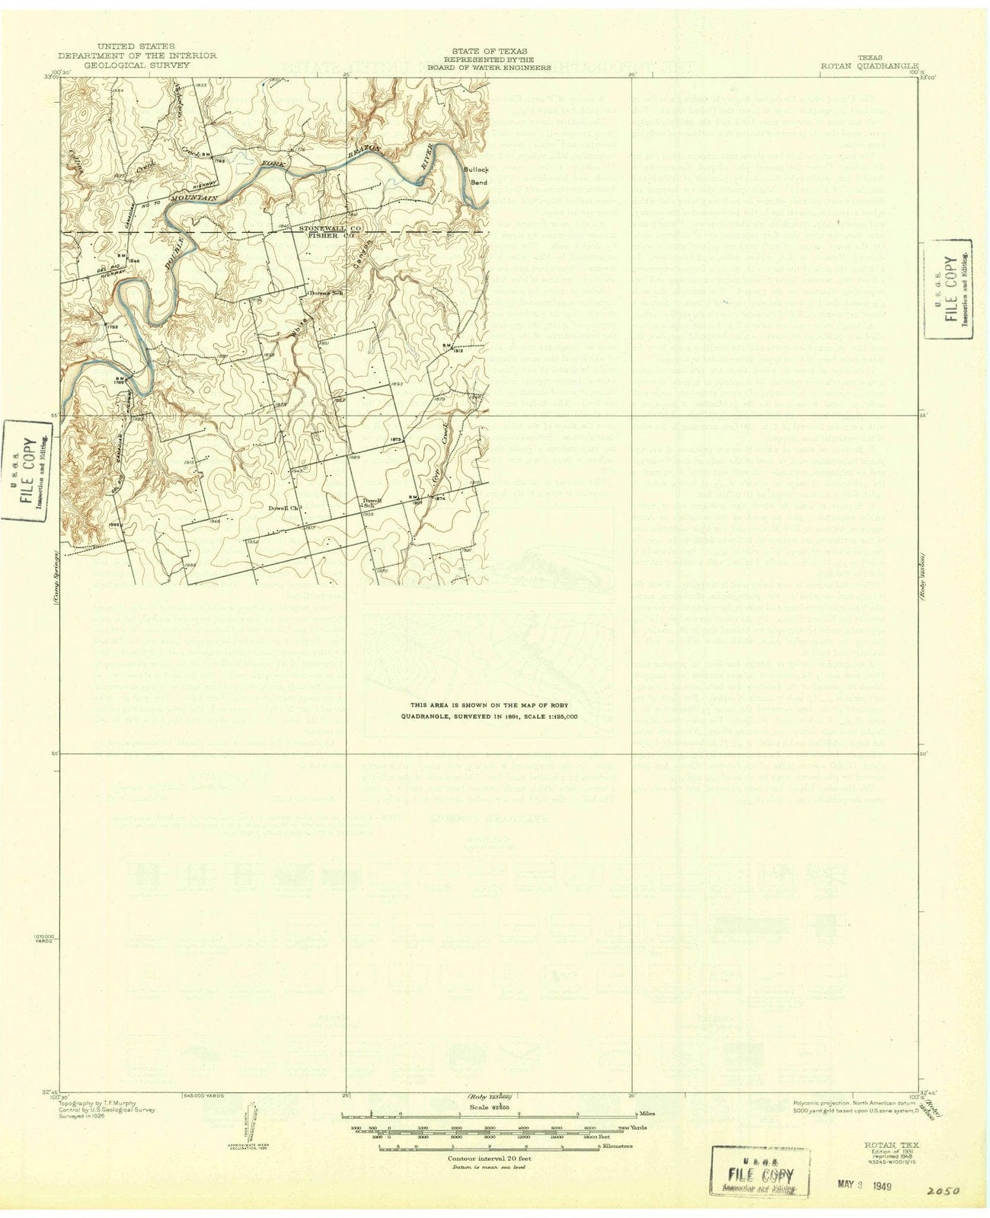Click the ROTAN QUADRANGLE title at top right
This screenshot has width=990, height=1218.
869,65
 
